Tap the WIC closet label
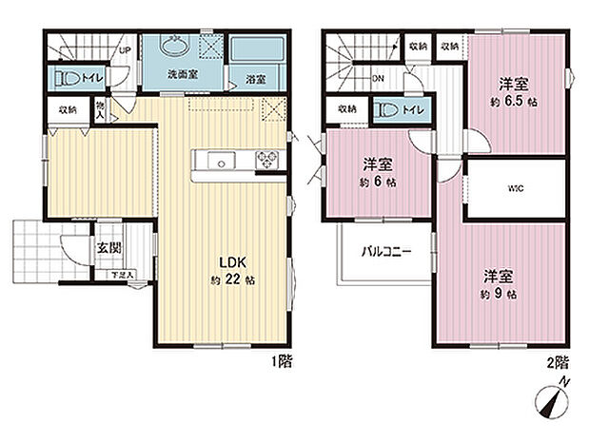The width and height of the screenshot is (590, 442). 516,187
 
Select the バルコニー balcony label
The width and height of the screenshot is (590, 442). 384,253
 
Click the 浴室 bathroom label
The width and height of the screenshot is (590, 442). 254,80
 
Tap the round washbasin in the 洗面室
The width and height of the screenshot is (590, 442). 176,48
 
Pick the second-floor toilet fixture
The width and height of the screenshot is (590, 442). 386,110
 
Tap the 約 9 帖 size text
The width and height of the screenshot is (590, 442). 498,295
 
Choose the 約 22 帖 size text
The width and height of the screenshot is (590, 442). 232,279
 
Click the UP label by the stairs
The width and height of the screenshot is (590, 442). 125,51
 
